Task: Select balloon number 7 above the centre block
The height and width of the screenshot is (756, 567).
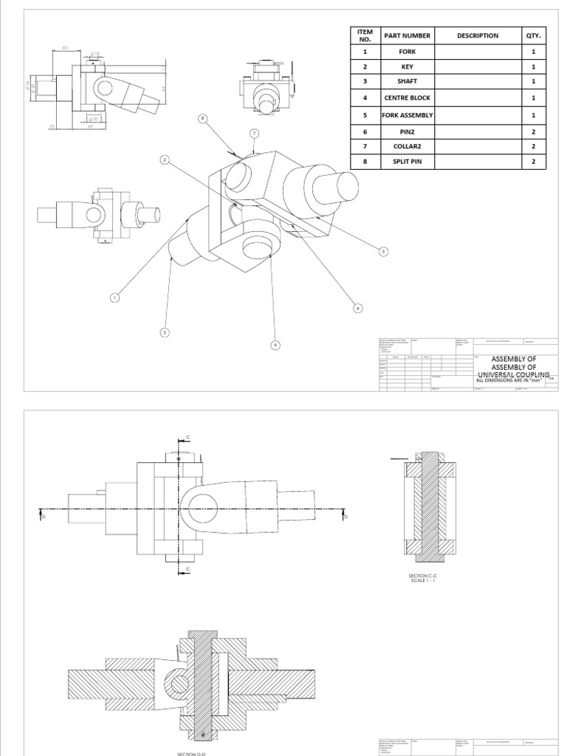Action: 253,134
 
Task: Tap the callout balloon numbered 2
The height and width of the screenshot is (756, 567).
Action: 164,159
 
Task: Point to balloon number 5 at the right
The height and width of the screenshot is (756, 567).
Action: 383,252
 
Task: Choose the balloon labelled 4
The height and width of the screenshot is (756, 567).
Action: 357,309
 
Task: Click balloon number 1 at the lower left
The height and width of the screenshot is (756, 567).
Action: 114,298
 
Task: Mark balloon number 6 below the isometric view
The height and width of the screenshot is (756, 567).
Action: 275,345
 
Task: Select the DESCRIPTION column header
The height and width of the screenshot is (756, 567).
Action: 477,35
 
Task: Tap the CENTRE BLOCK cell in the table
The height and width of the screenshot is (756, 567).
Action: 407,97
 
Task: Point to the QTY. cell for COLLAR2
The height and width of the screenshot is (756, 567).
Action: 533,146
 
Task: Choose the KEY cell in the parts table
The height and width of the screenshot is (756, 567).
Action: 407,66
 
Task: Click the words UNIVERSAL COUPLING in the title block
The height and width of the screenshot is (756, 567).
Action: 512,374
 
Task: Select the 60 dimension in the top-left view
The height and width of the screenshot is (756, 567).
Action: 64,48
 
